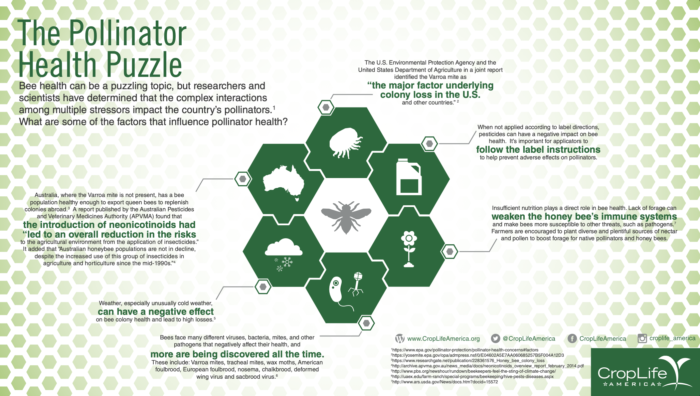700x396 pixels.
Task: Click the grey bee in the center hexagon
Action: [346, 216]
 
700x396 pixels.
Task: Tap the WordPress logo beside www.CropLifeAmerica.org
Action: [400, 339]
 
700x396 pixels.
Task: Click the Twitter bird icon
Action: [495, 338]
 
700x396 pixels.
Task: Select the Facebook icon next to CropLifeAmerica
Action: [572, 338]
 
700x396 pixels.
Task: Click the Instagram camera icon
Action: [642, 338]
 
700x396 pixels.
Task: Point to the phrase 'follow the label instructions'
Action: [538, 149]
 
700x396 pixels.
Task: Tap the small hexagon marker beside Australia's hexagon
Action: [243, 179]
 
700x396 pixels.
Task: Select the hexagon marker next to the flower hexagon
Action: [449, 252]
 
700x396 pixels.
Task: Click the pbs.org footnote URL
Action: [474, 371]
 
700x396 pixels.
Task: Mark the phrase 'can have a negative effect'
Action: [156, 311]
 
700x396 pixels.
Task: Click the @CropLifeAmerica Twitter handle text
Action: [529, 338]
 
